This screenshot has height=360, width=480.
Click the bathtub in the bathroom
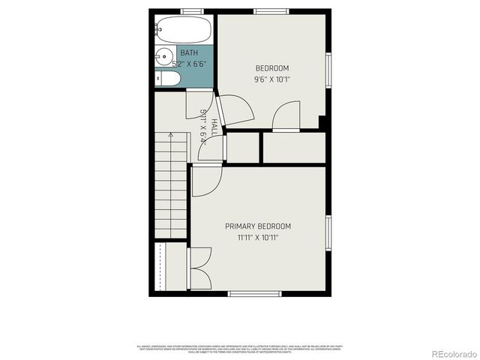tap(183, 30)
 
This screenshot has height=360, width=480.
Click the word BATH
tap(188, 53)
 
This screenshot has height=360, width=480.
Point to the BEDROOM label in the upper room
tap(272, 68)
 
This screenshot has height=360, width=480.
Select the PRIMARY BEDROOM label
tap(258, 226)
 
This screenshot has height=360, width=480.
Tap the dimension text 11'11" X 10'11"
tap(258, 237)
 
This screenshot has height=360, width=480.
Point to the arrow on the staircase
tap(171, 136)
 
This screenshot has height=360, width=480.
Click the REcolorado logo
tap(450, 352)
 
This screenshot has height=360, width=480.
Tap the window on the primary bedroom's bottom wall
tap(255, 293)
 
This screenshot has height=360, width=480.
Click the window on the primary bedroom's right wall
tap(328, 232)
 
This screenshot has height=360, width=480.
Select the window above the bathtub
tap(191, 11)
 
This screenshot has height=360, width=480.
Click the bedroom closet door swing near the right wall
tap(286, 116)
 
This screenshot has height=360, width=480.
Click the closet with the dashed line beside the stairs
tap(171, 266)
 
